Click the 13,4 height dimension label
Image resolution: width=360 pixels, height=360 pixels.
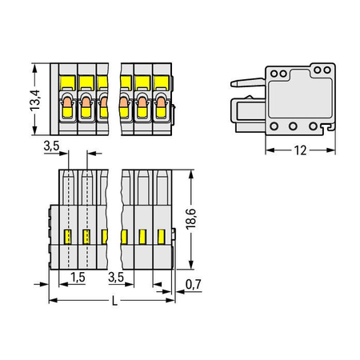point(35,100)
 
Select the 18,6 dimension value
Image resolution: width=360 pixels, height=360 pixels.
point(191,219)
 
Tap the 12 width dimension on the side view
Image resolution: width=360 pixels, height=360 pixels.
point(300,150)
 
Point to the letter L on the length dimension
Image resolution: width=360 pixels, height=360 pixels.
point(114,301)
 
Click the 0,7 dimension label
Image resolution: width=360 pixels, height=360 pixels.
point(194,285)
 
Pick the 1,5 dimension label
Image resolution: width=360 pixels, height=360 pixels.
point(78,278)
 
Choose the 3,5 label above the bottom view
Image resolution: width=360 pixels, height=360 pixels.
point(51,146)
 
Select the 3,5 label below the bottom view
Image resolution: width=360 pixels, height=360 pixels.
point(116,278)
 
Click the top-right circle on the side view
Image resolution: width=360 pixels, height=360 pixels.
point(327,70)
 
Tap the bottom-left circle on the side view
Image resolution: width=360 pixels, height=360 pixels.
point(274,126)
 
